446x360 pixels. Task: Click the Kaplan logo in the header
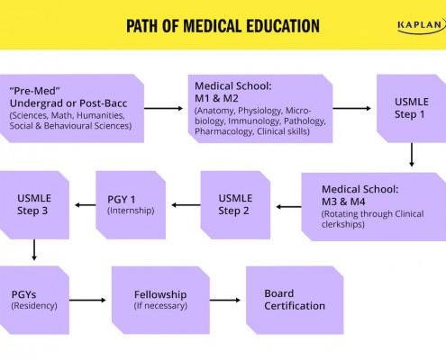[x=422, y=26]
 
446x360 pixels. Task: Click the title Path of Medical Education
[x=223, y=26]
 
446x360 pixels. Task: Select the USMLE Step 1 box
[x=411, y=108]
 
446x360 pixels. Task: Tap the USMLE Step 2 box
[x=235, y=205]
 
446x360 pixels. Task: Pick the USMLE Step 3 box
[x=34, y=205]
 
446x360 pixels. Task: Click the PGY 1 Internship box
[x=131, y=205]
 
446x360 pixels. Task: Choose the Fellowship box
[x=160, y=300]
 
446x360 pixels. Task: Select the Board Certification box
[x=295, y=300]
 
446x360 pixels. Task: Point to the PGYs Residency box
[x=34, y=300]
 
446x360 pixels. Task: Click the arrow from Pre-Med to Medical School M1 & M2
[x=163, y=108]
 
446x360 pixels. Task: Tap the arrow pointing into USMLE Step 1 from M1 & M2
[x=352, y=108]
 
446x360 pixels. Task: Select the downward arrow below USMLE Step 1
[x=412, y=155]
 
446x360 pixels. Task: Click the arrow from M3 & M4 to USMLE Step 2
[x=288, y=207]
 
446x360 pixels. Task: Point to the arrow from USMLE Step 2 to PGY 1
[x=186, y=205]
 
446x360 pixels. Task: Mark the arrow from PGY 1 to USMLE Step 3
[x=86, y=205]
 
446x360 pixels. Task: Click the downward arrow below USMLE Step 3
[x=34, y=249]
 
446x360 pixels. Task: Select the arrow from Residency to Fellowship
[x=87, y=300]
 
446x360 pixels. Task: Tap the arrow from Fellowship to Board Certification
[x=225, y=300]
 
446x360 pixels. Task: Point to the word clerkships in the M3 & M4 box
[x=343, y=224]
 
